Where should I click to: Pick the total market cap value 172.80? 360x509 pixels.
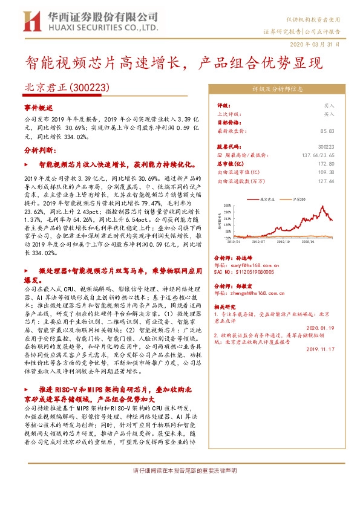pyautogui.click(x=327, y=163)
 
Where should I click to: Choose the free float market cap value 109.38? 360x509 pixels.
pyautogui.click(x=327, y=172)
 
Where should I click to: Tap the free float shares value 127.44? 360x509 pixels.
pyautogui.click(x=327, y=180)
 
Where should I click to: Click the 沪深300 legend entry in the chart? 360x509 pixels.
pyautogui.click(x=297, y=198)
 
